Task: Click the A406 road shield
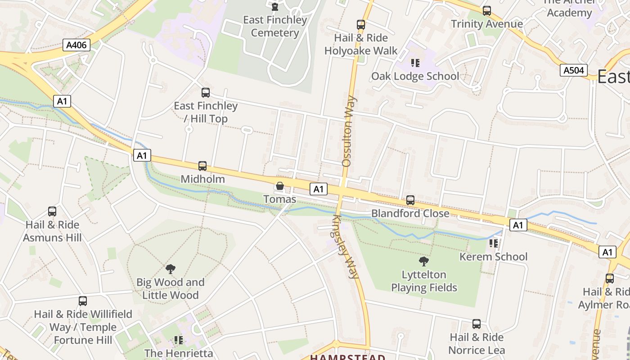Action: [x=77, y=45]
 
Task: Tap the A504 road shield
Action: [x=574, y=70]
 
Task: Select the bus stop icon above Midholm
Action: [x=202, y=166]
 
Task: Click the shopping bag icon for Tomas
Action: [x=280, y=186]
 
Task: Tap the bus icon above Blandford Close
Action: [x=410, y=200]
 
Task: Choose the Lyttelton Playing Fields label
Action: [x=424, y=281]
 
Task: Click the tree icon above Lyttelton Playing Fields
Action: [x=423, y=261]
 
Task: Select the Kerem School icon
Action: [x=493, y=243]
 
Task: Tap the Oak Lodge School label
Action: [x=415, y=76]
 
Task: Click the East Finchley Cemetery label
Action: [x=275, y=26]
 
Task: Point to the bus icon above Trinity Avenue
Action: [x=486, y=11]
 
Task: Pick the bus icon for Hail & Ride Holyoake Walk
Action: [x=361, y=25]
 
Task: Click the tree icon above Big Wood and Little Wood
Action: [x=170, y=269]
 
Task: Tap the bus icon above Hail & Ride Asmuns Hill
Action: [x=52, y=211]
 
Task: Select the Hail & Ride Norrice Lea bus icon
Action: [x=477, y=324]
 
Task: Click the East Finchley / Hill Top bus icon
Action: [x=206, y=93]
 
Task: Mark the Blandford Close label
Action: [x=410, y=213]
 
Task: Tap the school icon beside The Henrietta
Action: [x=179, y=340]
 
